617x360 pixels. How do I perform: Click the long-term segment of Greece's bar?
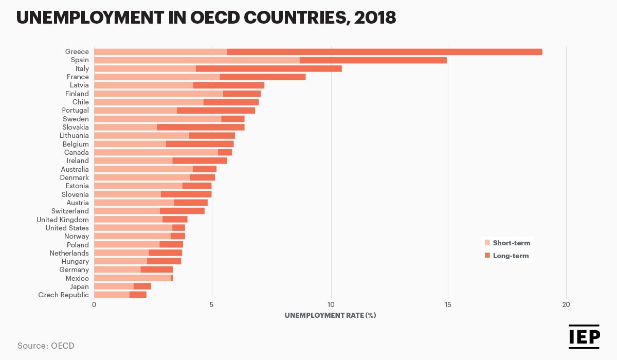[385, 51]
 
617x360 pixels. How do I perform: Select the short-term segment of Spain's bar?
[196, 60]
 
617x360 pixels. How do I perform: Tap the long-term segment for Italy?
[268, 68]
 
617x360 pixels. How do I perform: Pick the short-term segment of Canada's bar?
[156, 152]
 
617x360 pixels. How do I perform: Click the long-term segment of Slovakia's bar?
[201, 127]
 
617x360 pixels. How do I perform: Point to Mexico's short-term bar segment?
[133, 278]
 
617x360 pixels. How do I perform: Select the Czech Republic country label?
[63, 295]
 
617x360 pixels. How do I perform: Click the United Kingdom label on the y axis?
[62, 220]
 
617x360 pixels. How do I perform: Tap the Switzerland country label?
[70, 211]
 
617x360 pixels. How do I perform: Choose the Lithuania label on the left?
[74, 136]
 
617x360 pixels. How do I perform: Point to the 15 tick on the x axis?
[448, 305]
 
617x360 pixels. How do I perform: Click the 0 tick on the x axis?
[94, 305]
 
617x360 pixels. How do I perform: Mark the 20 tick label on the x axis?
[566, 305]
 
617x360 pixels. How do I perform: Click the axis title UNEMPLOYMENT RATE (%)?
[330, 315]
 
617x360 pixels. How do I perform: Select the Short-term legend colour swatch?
[487, 243]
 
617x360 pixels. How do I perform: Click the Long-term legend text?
[511, 256]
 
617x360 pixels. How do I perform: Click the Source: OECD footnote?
[46, 346]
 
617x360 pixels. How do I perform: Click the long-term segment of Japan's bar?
[142, 286]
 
